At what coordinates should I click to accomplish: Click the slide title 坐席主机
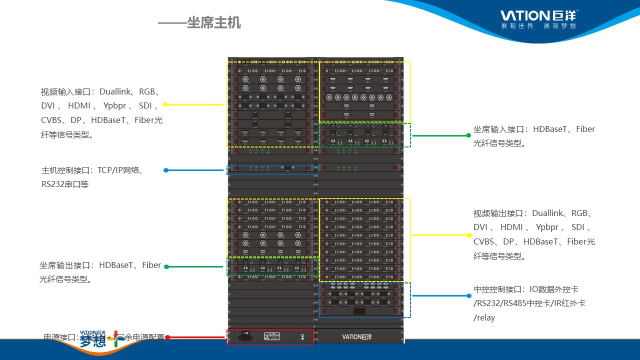213,23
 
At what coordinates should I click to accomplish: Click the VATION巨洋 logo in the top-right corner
538,15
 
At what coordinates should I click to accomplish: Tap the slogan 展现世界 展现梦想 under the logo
538,26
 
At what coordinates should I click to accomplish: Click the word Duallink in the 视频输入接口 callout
115,92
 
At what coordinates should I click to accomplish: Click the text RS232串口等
65,184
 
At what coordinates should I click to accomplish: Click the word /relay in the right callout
484,317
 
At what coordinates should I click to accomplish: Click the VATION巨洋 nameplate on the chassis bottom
357,336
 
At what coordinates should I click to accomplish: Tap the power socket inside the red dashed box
245,336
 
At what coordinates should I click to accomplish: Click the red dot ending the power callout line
167,337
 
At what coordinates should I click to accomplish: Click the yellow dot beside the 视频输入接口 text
165,104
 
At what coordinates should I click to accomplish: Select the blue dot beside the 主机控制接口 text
166,170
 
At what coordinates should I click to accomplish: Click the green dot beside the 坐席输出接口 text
166,266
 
